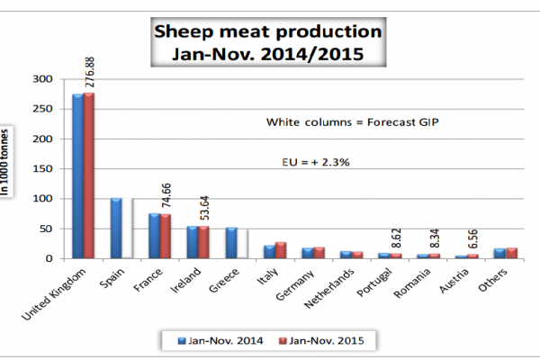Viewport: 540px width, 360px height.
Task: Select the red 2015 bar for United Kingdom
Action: pos(88,175)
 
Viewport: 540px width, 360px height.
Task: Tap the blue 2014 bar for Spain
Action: pos(115,229)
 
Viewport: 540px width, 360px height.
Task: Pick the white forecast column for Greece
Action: pos(242,244)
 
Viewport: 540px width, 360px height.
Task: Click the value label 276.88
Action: pos(88,67)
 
